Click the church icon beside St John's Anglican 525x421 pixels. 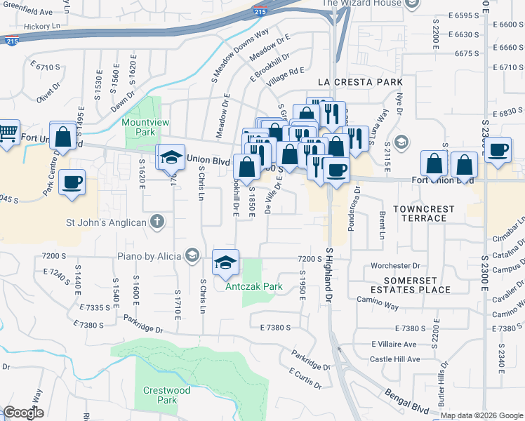(159, 222)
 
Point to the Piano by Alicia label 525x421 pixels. (145, 256)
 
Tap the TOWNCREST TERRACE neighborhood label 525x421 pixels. (424, 213)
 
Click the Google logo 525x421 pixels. (22, 413)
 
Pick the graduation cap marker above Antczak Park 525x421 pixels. (225, 263)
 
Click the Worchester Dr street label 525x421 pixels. (394, 266)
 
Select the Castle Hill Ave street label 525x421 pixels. (395, 359)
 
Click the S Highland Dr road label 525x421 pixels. (328, 275)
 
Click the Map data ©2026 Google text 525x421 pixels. (481, 415)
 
